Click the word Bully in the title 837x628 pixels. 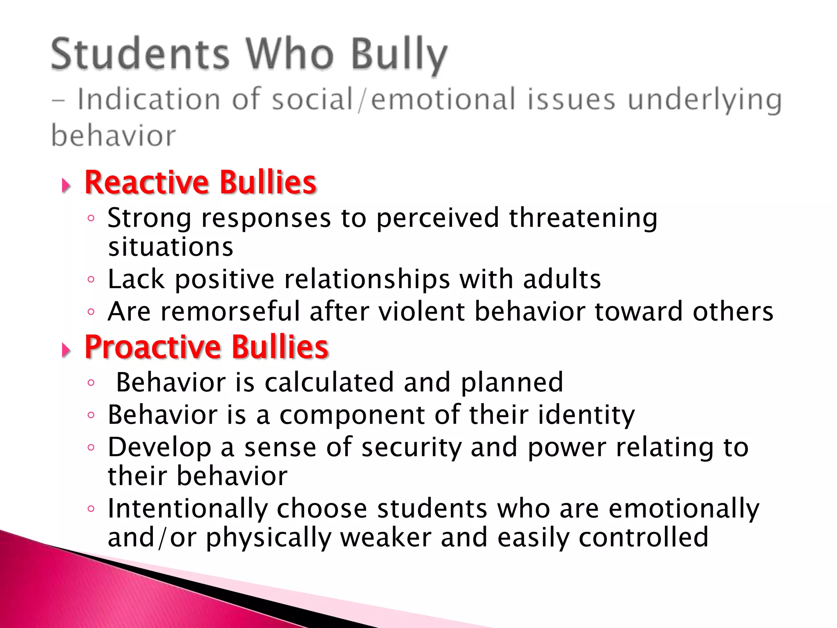click(x=399, y=55)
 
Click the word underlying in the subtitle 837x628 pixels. click(x=705, y=100)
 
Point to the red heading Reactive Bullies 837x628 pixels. click(x=200, y=182)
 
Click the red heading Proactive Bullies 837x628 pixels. click(x=206, y=347)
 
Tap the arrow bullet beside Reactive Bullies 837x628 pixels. click(x=66, y=186)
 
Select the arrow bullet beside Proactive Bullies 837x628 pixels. click(x=66, y=350)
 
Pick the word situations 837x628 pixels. click(x=170, y=247)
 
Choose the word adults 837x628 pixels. click(x=562, y=279)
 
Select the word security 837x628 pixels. click(x=411, y=447)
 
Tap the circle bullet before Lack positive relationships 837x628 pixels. click(x=91, y=280)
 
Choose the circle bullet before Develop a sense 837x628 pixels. click(x=91, y=447)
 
